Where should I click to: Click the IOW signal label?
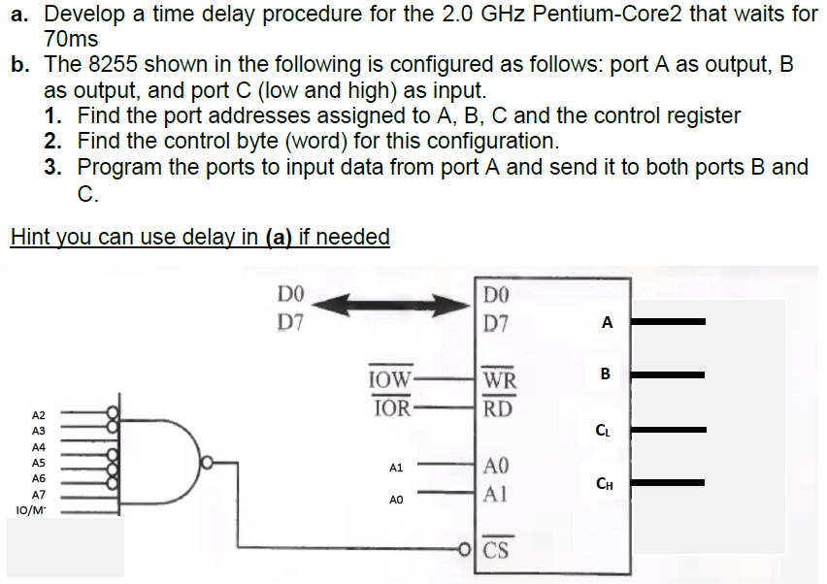[x=391, y=378]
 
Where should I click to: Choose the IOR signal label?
[x=391, y=407]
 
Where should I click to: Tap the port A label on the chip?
[x=607, y=322]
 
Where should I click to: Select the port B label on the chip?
[x=606, y=373]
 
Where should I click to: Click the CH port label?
[x=605, y=483]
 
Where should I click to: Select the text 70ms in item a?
[x=72, y=40]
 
